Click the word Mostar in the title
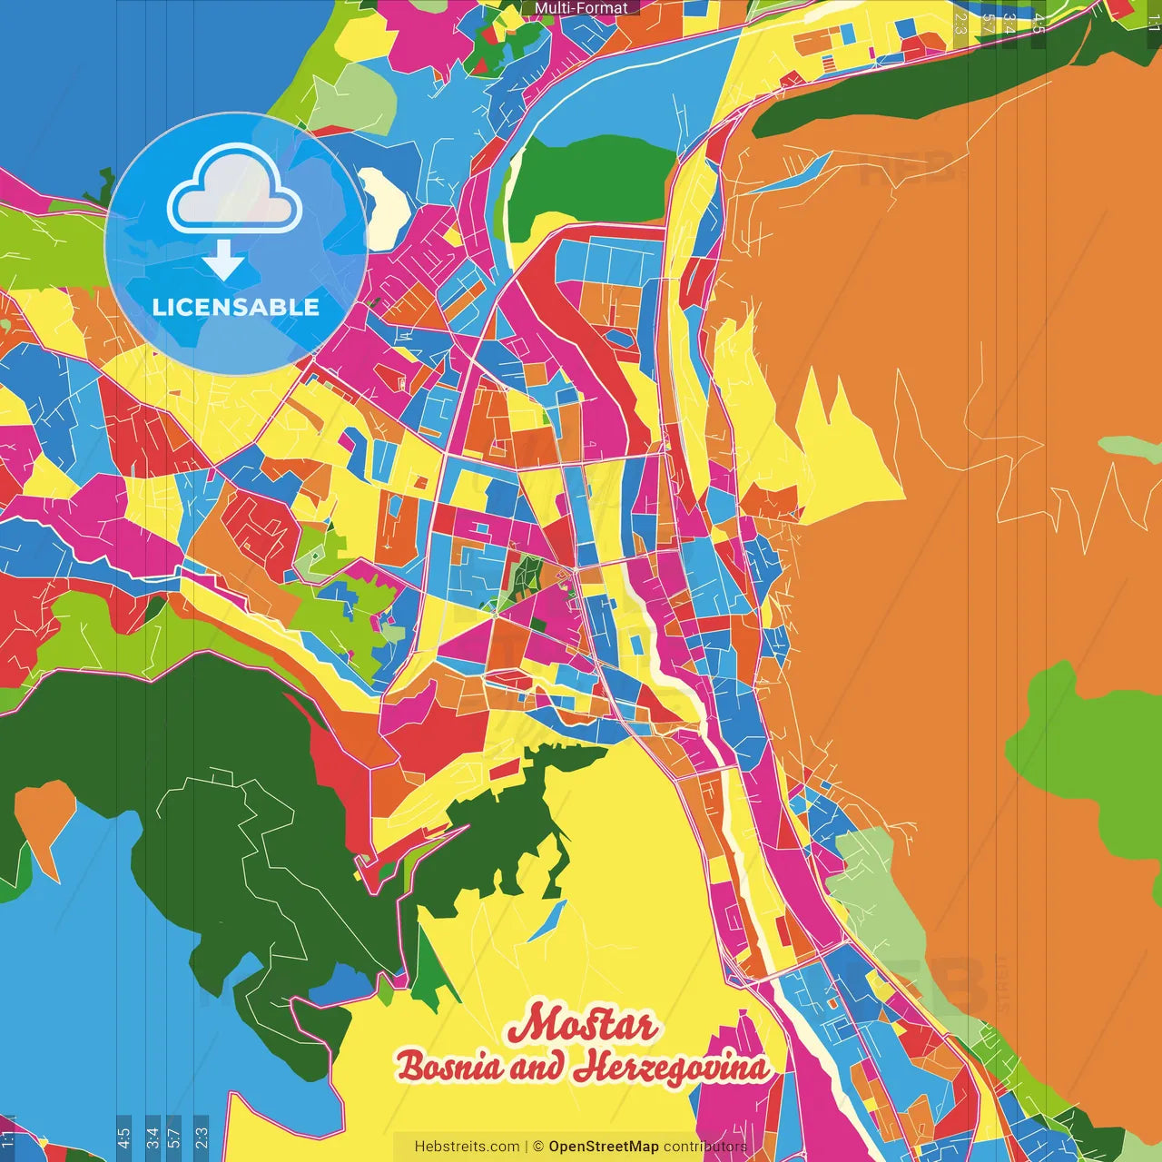581,1025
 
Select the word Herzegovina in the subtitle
671,1067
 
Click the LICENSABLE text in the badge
236,307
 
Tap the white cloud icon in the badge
235,189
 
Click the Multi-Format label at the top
581,8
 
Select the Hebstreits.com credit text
467,1147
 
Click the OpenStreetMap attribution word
604,1147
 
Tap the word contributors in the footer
705,1147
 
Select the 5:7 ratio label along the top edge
987,24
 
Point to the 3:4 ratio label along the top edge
1009,24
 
